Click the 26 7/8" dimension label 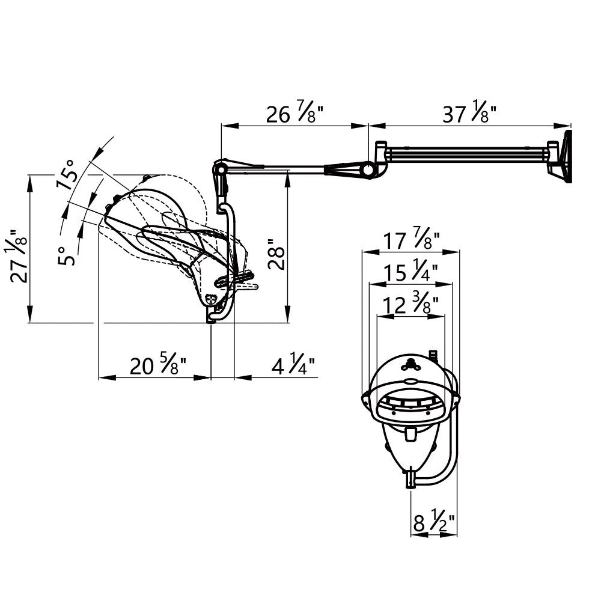pos(294,112)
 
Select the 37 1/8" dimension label pos(469,112)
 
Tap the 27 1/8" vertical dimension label pos(18,257)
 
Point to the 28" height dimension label pos(276,254)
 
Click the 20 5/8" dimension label pos(158,364)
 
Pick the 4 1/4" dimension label pos(293,364)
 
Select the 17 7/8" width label pos(411,239)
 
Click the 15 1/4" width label pos(410,270)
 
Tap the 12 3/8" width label pos(410,303)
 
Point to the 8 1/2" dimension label pos(435,520)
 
